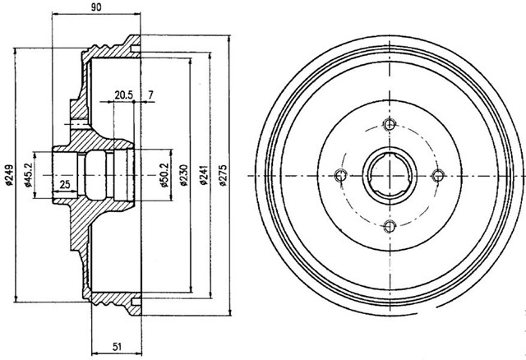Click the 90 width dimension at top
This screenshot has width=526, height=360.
(95, 7)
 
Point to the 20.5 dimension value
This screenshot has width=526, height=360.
(125, 95)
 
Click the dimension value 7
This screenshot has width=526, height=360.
(151, 95)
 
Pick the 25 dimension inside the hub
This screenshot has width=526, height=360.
(65, 182)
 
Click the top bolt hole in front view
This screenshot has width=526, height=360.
(390, 126)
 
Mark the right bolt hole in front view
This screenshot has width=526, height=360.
(438, 174)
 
